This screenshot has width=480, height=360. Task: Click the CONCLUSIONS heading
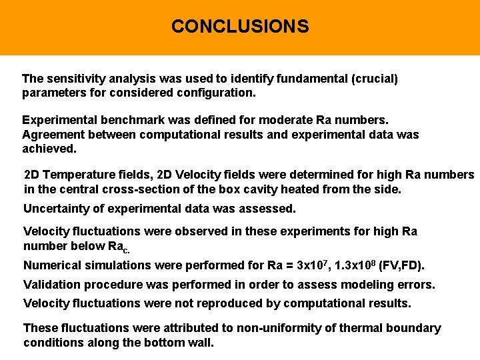[x=240, y=27]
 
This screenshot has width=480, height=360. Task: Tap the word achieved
[x=49, y=149]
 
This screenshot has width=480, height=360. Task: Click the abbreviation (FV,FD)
[x=401, y=265]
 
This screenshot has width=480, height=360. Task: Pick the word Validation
[x=53, y=285]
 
